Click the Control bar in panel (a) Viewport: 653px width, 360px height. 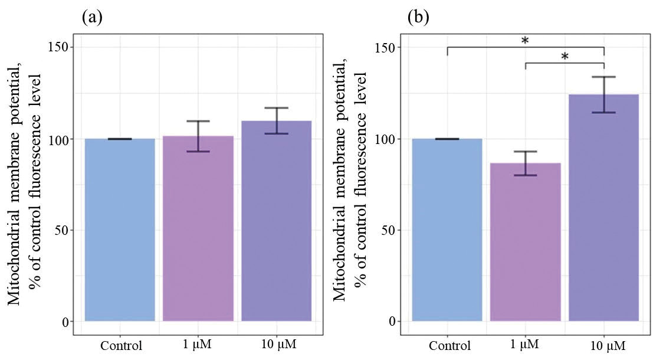pyautogui.click(x=120, y=230)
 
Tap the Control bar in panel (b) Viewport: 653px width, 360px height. pyautogui.click(x=447, y=230)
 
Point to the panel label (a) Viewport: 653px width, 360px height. pyautogui.click(x=92, y=18)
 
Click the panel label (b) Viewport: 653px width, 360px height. pyautogui.click(x=418, y=18)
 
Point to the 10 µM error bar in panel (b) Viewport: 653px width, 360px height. pyautogui.click(x=604, y=94)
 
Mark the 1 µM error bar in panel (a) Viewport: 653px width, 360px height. pyautogui.click(x=198, y=136)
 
